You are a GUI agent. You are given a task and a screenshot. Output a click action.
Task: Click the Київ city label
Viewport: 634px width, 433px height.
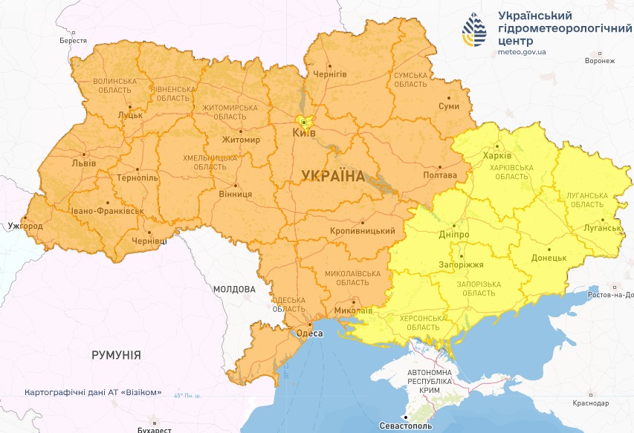coord(305,132)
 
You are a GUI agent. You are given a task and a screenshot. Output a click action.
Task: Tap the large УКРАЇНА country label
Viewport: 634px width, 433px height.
coord(334,176)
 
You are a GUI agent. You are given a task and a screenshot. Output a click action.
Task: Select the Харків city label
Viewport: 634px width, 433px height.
coord(496,156)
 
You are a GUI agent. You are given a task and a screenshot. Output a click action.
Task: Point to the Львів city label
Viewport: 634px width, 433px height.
coord(83,163)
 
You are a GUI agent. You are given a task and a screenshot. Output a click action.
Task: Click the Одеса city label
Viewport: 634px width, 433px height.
coord(309,333)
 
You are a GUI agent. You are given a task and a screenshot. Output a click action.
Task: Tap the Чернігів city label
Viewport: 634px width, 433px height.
coord(330,74)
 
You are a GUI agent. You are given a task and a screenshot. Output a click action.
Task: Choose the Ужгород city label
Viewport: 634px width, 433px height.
coord(25,225)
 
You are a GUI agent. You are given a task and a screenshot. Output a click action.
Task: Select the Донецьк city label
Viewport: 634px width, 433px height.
coord(549,258)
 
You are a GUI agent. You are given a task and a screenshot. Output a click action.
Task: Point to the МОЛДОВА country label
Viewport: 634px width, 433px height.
coord(233,289)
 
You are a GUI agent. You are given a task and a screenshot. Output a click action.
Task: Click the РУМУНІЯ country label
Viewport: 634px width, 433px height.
coord(116,355)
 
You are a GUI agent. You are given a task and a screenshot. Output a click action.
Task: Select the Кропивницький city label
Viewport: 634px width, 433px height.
coord(362,231)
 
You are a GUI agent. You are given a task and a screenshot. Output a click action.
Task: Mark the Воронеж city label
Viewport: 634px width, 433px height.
coord(600,62)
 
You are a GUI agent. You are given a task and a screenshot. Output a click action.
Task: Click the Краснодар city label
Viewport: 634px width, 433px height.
coord(591,403)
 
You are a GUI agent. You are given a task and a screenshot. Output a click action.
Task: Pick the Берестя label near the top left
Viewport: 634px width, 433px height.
coord(73,41)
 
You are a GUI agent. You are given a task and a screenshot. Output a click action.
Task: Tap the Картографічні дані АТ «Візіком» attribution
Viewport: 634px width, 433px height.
coord(93,392)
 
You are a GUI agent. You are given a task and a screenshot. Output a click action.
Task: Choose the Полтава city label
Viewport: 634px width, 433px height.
coord(439,175)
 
